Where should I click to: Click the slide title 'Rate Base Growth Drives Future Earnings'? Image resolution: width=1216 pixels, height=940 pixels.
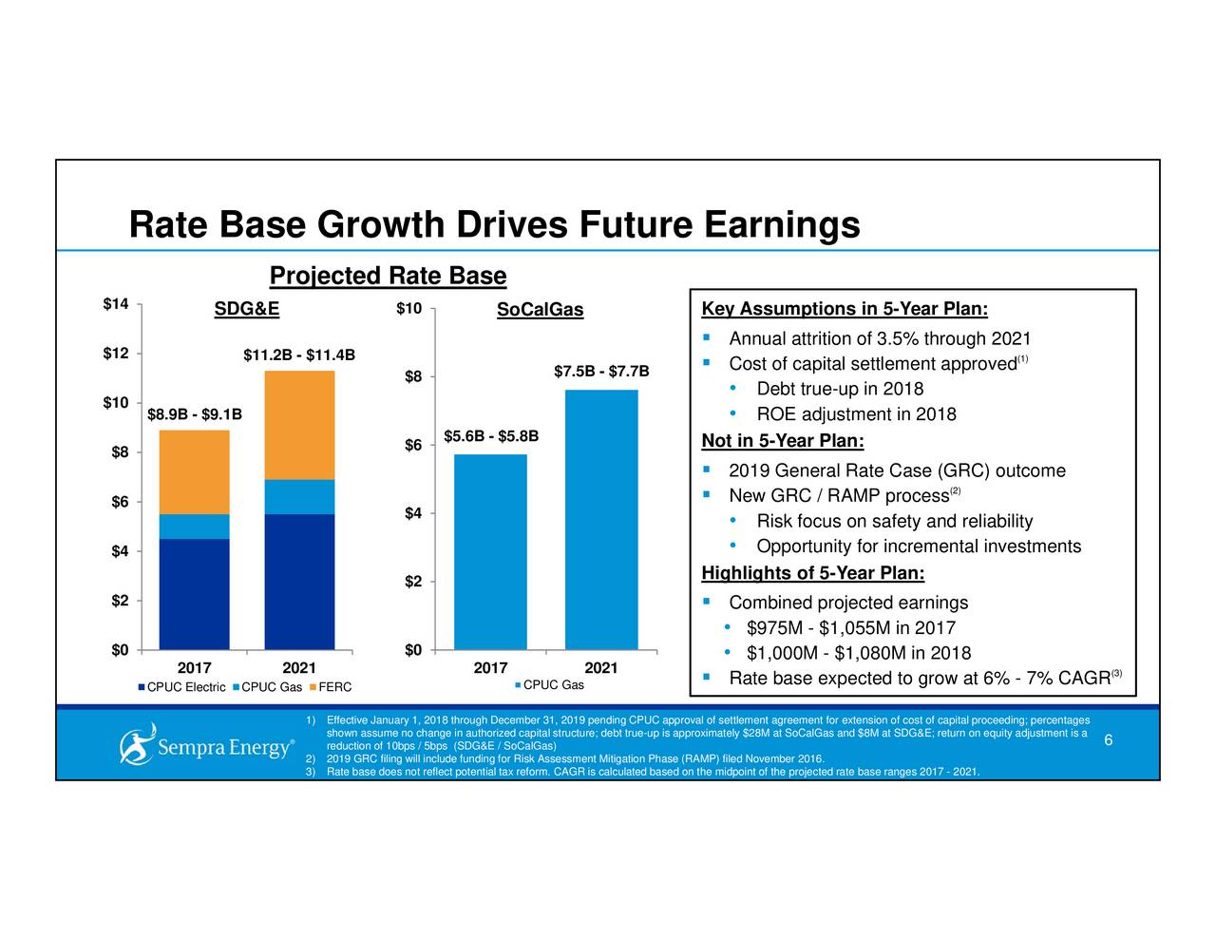[494, 226]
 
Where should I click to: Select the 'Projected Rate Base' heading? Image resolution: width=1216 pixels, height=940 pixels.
[388, 276]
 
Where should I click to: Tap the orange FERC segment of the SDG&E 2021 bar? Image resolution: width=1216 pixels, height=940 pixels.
[299, 425]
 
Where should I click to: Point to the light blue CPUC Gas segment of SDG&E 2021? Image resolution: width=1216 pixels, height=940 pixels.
[299, 497]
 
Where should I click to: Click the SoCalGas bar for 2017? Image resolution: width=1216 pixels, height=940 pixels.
[490, 552]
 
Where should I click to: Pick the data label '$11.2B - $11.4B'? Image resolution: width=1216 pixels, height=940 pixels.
[299, 355]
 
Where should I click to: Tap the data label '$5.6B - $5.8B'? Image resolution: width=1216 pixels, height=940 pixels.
[491, 436]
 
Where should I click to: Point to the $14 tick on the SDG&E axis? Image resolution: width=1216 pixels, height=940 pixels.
[116, 304]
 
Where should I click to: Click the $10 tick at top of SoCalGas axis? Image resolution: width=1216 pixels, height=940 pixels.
[408, 309]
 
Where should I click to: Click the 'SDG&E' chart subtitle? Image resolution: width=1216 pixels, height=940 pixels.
[246, 309]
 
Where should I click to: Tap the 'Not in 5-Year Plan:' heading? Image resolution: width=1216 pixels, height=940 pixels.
[782, 441]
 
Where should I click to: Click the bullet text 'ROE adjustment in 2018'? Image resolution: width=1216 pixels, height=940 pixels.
[856, 414]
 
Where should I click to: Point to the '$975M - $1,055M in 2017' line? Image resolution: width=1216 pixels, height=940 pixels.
[850, 628]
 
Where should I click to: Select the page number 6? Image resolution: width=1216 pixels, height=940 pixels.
[1108, 741]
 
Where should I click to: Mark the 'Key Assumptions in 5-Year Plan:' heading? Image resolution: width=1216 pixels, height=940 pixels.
[845, 310]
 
